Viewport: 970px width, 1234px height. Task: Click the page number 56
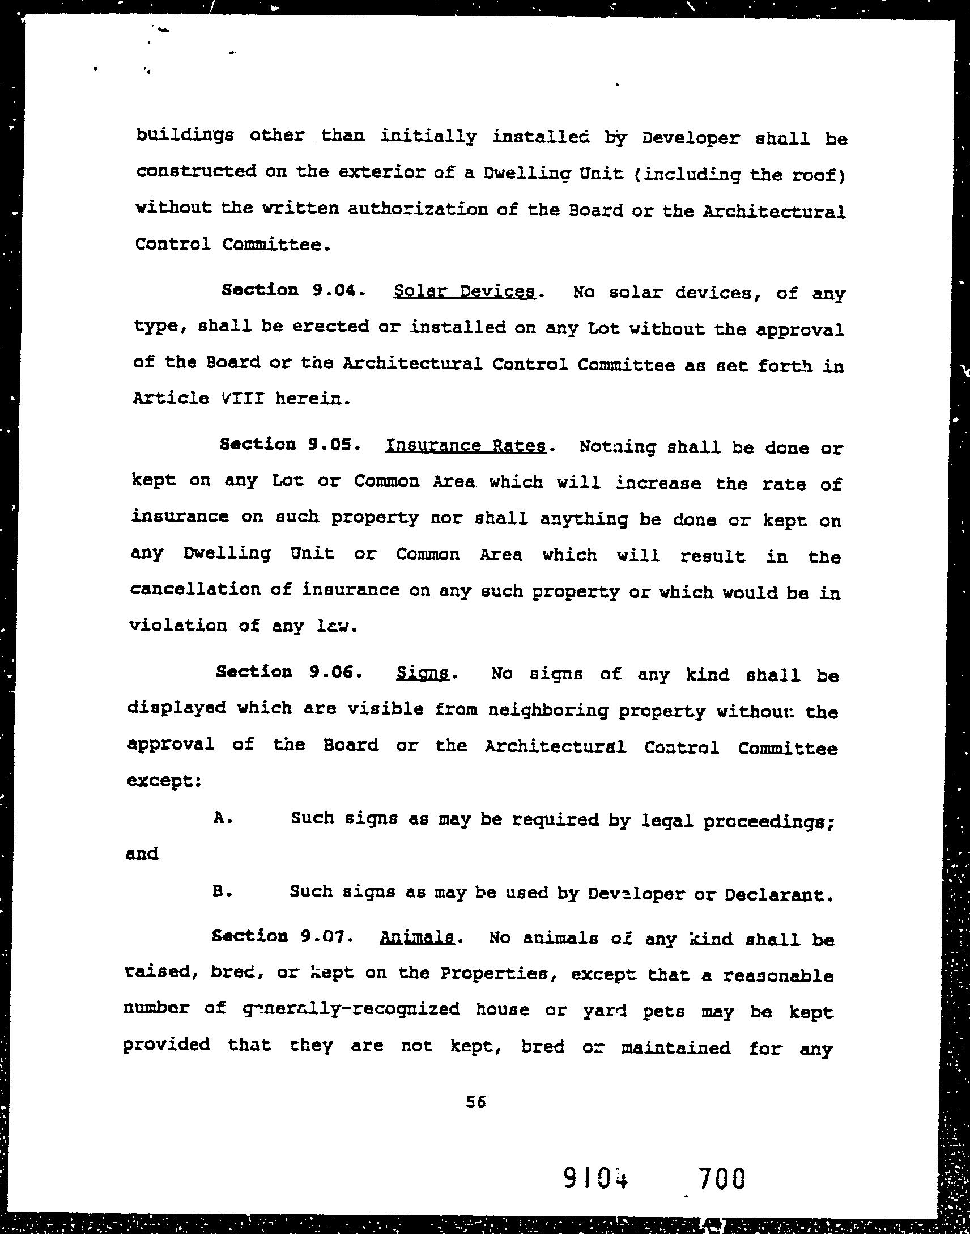(x=475, y=1102)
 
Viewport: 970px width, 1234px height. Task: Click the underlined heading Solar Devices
(x=463, y=291)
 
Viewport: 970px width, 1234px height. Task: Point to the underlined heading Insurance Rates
(x=465, y=446)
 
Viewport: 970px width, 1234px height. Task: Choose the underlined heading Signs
(x=422, y=674)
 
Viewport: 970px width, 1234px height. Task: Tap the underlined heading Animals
(x=416, y=937)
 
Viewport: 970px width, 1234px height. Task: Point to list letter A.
(x=222, y=818)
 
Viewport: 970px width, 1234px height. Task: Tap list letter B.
(x=220, y=891)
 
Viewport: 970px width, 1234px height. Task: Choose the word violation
(x=177, y=625)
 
